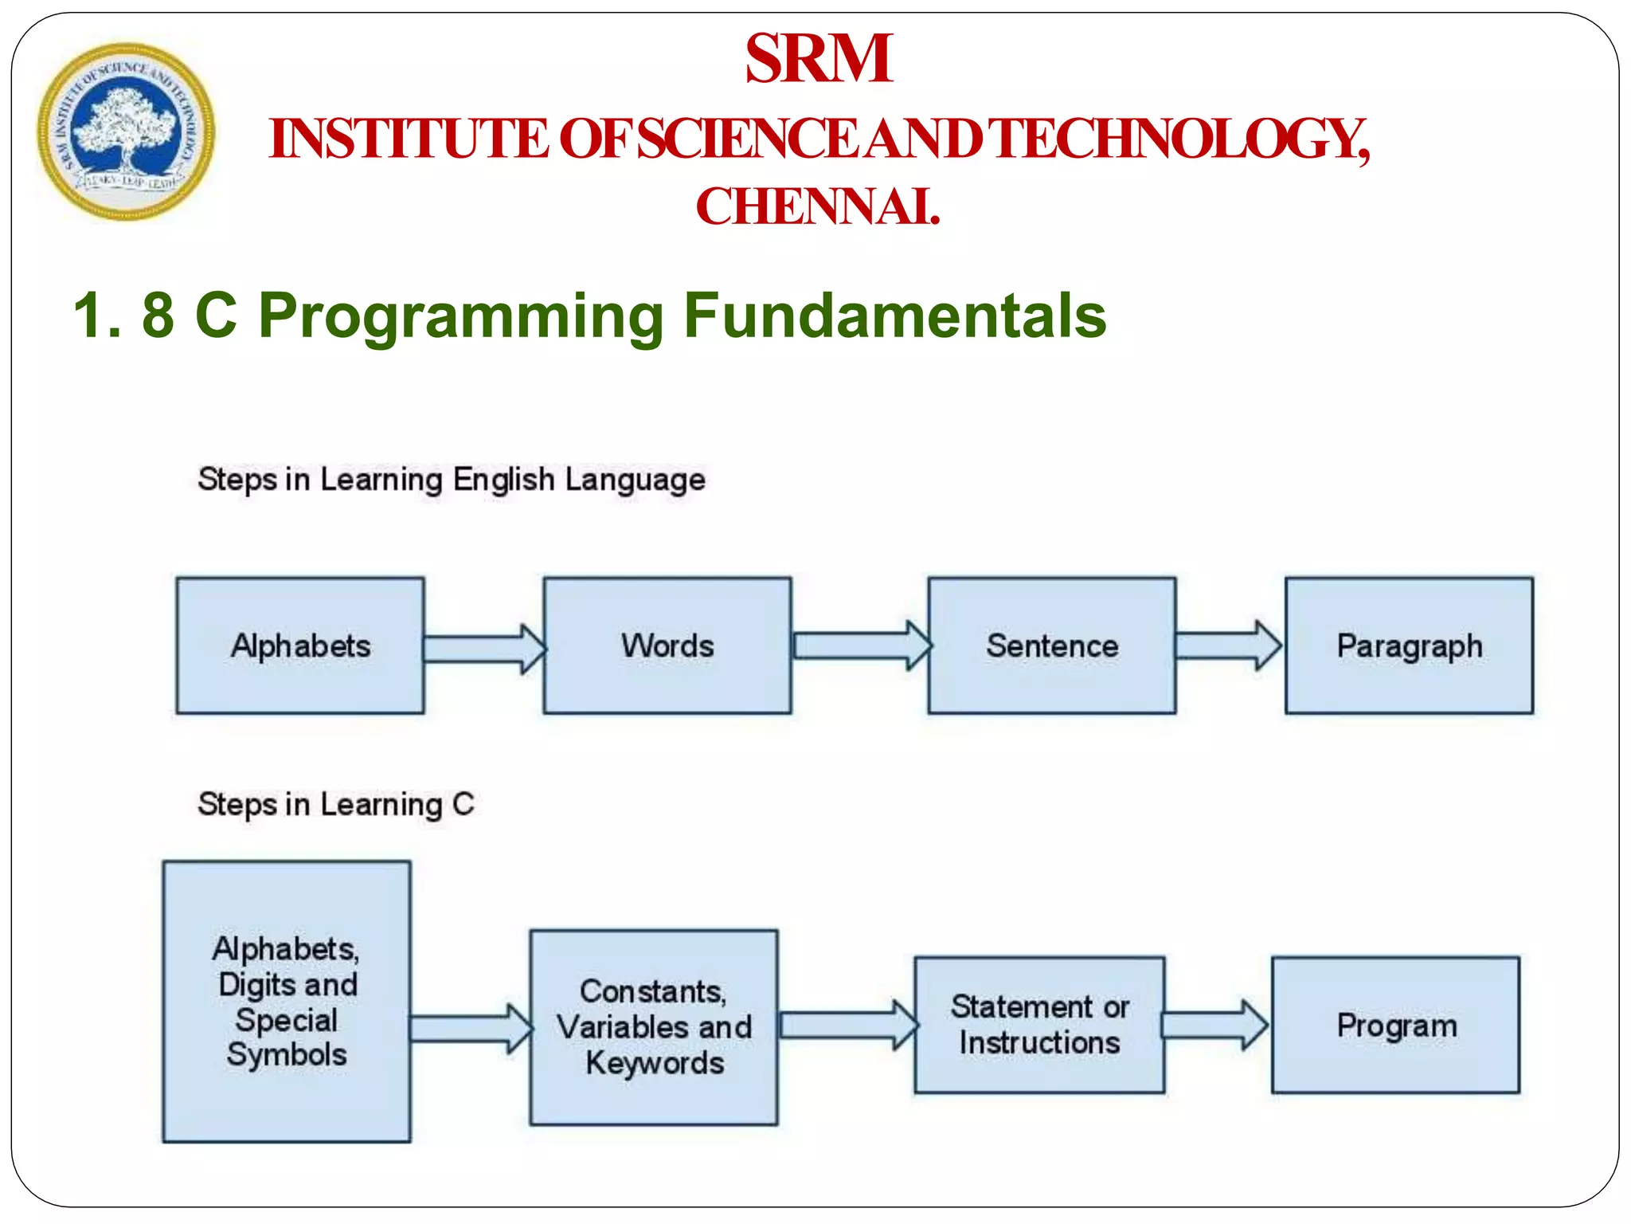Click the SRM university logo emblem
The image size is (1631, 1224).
coord(125,131)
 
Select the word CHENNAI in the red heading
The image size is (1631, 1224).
coord(817,206)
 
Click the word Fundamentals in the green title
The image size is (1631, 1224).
coord(894,316)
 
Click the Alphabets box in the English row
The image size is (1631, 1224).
coord(300,645)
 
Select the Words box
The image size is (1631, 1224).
coord(667,645)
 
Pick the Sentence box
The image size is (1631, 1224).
coord(1051,645)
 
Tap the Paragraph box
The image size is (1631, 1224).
coord(1409,645)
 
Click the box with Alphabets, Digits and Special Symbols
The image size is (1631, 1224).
coord(287,1001)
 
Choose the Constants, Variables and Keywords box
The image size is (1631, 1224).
coord(654,1027)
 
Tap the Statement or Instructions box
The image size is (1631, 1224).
coord(1039,1025)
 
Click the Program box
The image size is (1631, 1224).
coord(1395,1025)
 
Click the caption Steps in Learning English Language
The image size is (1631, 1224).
coord(452,480)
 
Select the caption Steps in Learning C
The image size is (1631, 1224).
coord(335,804)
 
